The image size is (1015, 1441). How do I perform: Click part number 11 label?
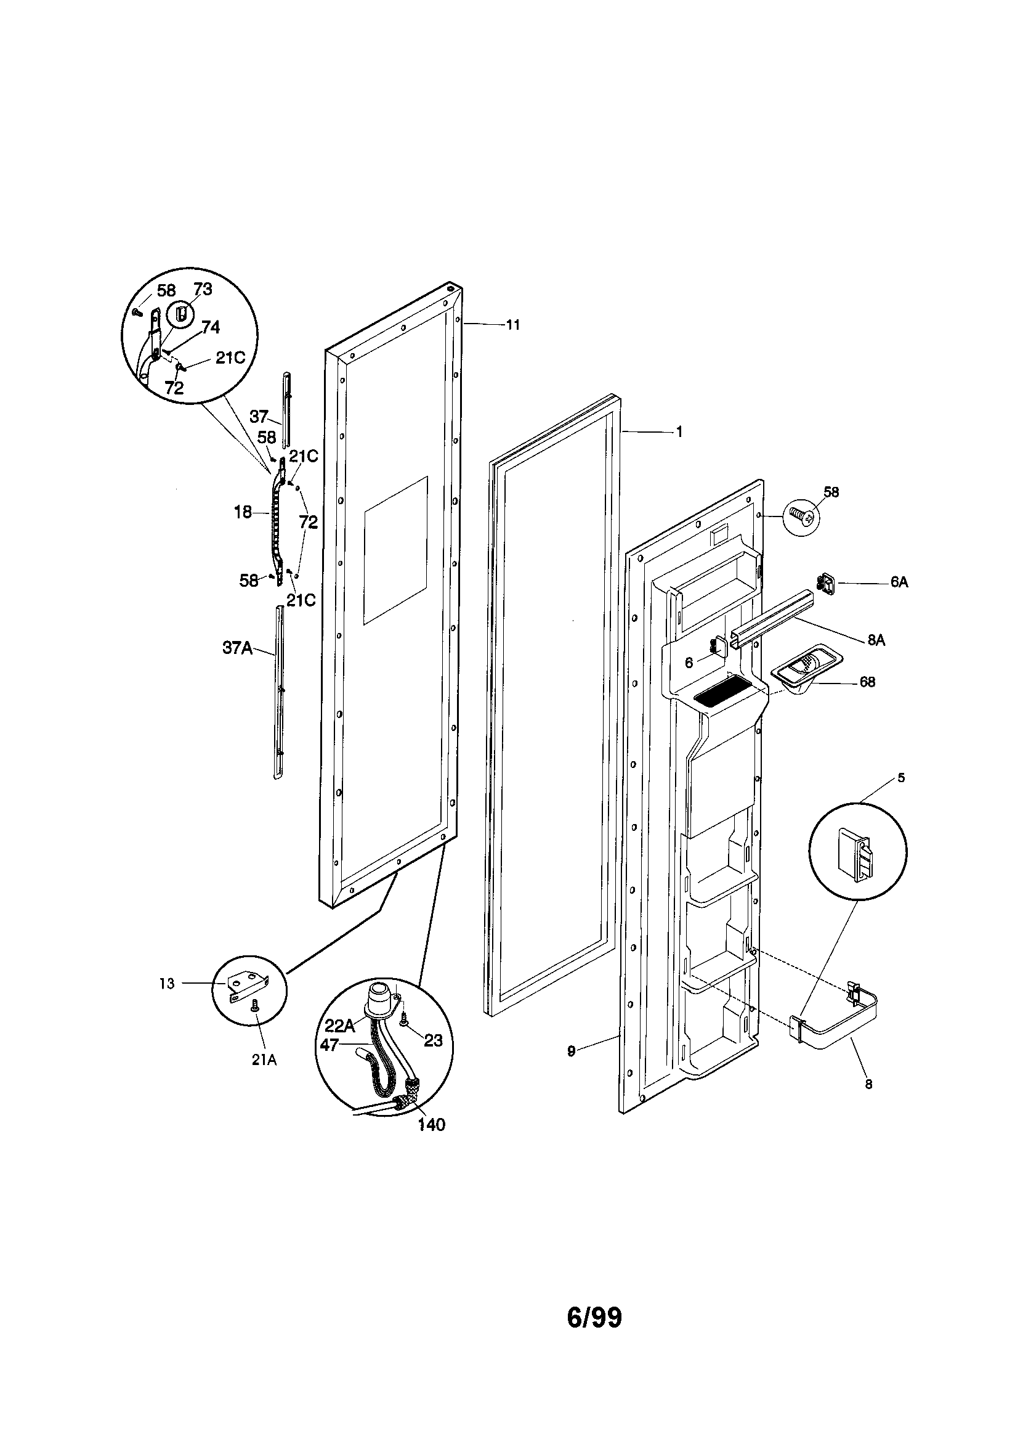pos(513,325)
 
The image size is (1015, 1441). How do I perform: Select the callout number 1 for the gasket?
pos(679,432)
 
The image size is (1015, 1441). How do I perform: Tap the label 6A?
pos(899,582)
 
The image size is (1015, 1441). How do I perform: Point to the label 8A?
pos(876,640)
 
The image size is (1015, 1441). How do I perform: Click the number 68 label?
pos(867,682)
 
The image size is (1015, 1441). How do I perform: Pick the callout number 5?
pos(901,778)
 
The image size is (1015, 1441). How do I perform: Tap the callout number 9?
pos(571,1051)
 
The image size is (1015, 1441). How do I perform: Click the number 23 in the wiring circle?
pos(433,1040)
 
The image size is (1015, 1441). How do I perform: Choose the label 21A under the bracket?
pos(264,1059)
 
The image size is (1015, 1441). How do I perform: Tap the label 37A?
pos(237,648)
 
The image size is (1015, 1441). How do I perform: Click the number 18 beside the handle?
pos(243,512)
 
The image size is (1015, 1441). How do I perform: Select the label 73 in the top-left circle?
pos(203,288)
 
